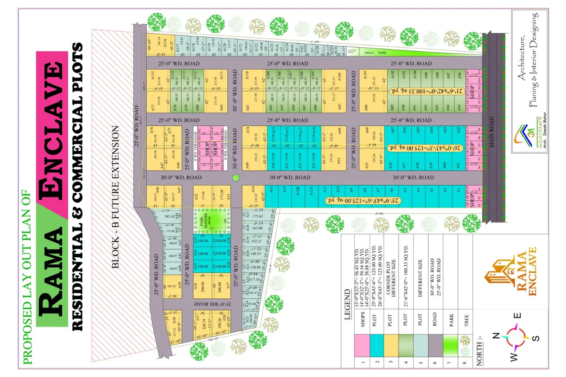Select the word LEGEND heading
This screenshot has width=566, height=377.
(348, 306)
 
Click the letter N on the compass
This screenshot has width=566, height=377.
(495, 336)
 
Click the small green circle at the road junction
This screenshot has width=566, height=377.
(236, 178)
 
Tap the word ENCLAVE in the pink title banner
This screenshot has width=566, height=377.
(52, 132)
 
